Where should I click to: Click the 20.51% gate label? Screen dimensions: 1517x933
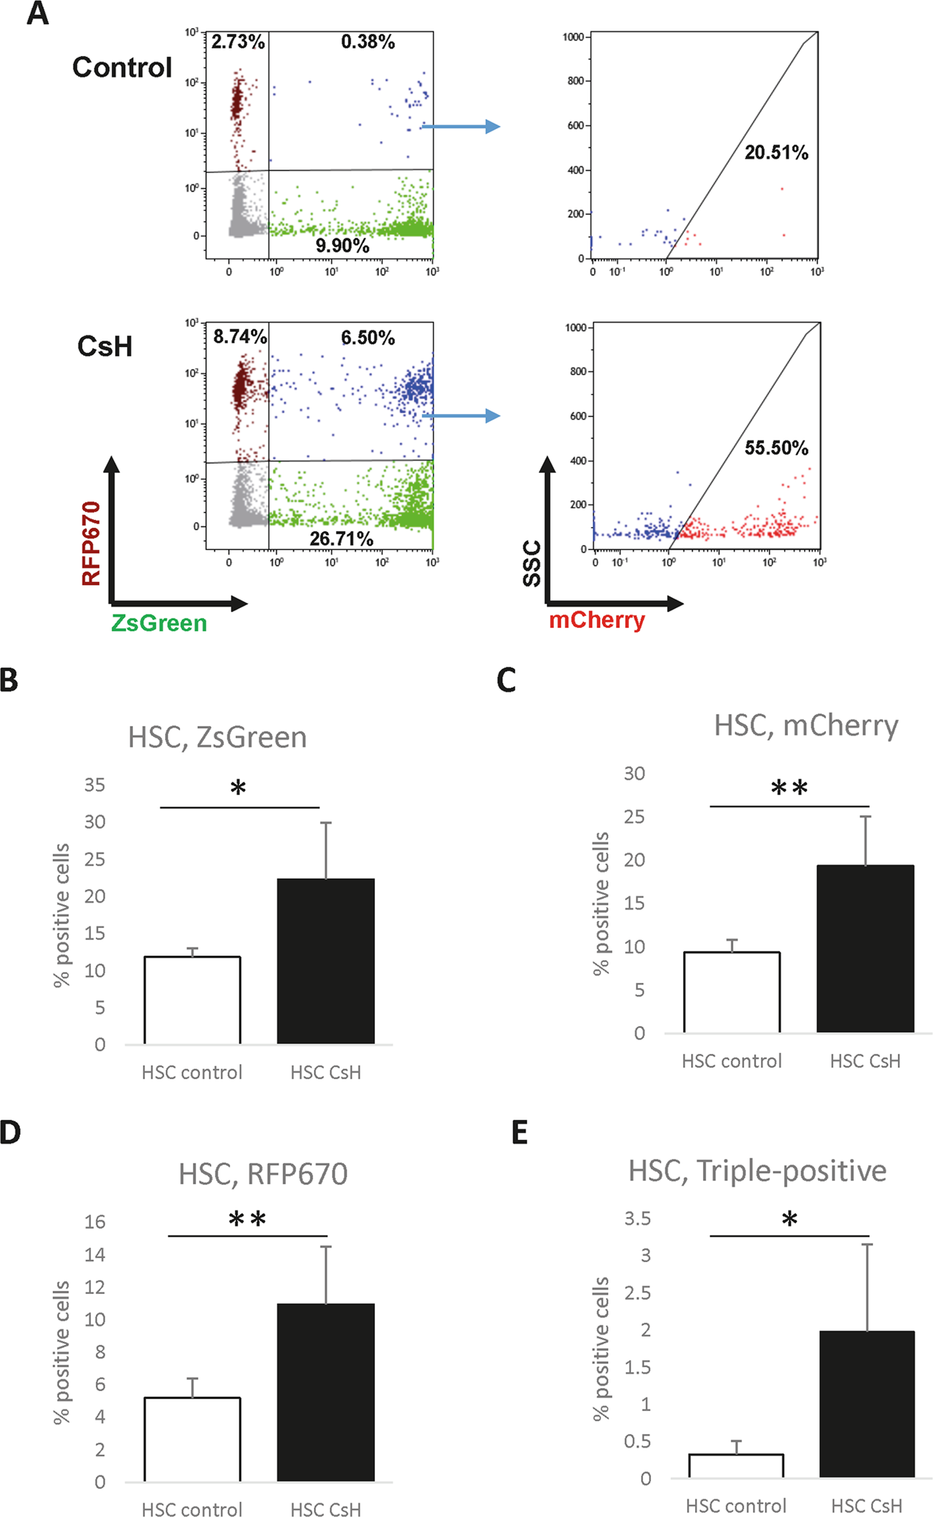tap(776, 153)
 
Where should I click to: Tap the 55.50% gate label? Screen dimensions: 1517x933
tap(776, 448)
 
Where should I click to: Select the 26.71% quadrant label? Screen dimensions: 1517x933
tap(341, 538)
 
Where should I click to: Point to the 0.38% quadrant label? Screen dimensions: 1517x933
tap(368, 42)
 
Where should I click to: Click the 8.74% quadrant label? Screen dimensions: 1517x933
tap(240, 337)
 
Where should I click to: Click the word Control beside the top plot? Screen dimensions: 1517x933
tap(122, 67)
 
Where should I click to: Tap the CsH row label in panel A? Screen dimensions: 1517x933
tap(104, 346)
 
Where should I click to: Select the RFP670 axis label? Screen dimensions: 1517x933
tap(91, 543)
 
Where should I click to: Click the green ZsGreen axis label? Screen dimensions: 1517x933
tap(159, 623)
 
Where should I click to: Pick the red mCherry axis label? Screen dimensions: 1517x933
tap(597, 620)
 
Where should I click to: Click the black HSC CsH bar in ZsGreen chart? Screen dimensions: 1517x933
tap(326, 961)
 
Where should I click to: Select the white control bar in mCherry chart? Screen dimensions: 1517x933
tap(732, 992)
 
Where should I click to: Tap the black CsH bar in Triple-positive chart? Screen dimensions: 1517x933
tap(866, 1403)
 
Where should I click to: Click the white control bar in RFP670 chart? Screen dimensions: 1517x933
tap(192, 1438)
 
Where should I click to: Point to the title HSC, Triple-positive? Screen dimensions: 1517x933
tap(757, 1170)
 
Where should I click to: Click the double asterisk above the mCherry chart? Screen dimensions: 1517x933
tap(789, 788)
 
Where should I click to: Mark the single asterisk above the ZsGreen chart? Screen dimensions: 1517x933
tap(238, 789)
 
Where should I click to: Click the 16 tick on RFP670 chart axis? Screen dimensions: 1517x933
tap(95, 1222)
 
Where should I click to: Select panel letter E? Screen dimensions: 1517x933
tap(520, 1132)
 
